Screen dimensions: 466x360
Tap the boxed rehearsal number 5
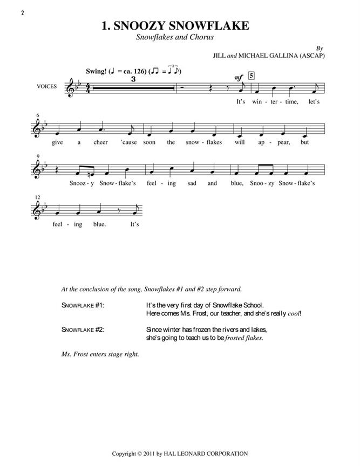pyautogui.click(x=253, y=76)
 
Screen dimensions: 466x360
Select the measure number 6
pyautogui.click(x=37, y=115)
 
